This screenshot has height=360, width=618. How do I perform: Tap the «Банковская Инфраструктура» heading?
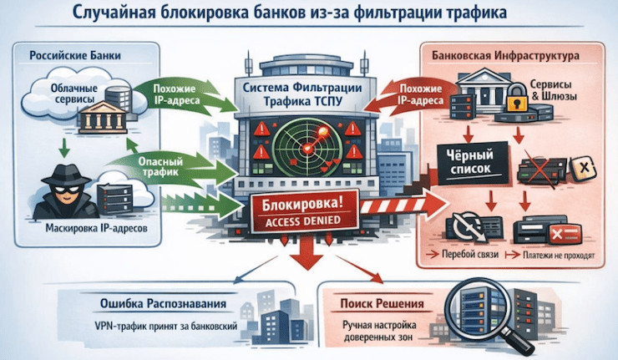505,58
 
